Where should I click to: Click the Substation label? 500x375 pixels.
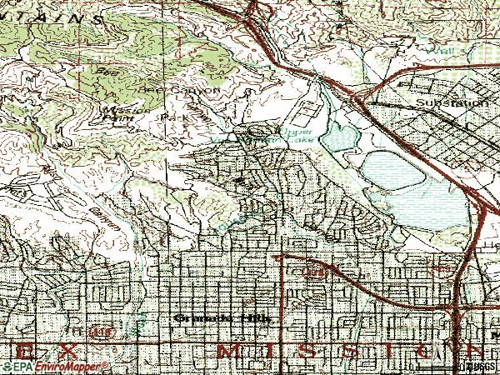(x=453, y=102)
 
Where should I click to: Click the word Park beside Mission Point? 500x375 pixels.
(x=173, y=117)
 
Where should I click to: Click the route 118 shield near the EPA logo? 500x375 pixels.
(x=101, y=331)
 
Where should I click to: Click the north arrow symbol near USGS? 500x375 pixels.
(x=457, y=364)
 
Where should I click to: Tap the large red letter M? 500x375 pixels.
(x=227, y=350)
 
